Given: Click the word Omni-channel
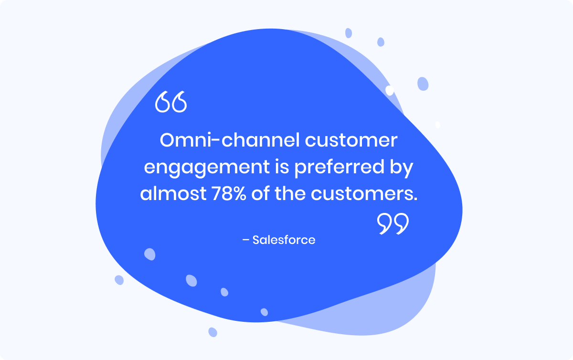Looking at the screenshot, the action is click(230, 140).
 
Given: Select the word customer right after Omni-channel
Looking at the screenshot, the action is click(351, 141).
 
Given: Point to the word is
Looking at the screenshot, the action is click(282, 166).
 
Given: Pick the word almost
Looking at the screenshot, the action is click(173, 193).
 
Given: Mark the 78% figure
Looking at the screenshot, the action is click(229, 193).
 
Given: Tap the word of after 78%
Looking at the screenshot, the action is click(260, 193).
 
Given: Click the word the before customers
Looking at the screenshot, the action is click(290, 193).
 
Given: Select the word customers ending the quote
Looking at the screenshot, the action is click(362, 194).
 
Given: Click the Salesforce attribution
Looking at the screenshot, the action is click(284, 240).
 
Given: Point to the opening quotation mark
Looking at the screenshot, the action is click(171, 102).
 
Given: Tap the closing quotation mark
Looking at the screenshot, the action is click(393, 223).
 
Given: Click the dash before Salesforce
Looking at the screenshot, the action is click(245, 240).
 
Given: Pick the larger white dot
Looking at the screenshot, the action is click(390, 91).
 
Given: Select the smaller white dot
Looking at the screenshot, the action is click(438, 125).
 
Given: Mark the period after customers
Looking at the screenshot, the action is click(415, 199).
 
